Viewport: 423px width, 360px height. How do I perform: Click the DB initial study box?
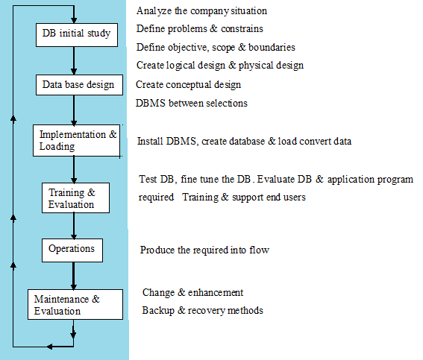coord(77,34)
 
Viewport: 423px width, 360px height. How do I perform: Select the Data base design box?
coord(78,84)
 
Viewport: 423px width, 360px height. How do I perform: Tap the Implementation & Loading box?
coord(78,141)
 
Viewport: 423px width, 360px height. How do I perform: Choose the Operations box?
coord(72,248)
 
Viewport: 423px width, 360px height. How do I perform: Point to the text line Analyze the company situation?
coord(201,11)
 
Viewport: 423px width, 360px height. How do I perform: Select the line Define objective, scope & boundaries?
coord(215,47)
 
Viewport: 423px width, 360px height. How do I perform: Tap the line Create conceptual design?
coord(198,84)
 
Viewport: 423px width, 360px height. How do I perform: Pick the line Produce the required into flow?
coord(204,250)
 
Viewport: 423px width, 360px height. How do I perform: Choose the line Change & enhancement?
coord(192,293)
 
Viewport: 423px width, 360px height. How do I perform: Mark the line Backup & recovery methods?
coord(202,310)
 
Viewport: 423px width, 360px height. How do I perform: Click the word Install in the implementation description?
coord(151,141)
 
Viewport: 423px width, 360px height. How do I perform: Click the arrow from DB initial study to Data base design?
coord(75,60)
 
